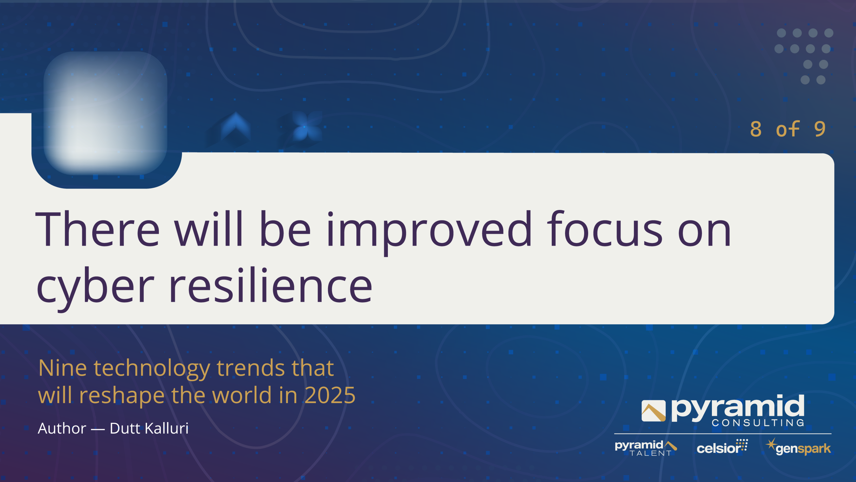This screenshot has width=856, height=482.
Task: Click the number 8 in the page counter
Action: coord(756,129)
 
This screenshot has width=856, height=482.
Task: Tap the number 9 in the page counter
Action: coord(820,129)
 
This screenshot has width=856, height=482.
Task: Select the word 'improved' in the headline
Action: coord(429,231)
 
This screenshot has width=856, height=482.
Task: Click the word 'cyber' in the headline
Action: coord(96,287)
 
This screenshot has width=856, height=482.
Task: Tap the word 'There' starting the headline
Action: coord(98,229)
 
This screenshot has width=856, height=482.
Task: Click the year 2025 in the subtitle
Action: coord(330,395)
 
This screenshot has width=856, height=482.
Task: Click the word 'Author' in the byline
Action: coord(62,429)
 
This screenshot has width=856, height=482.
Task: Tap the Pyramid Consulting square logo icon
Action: coord(653,411)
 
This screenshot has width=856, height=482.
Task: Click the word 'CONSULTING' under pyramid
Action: coord(758,423)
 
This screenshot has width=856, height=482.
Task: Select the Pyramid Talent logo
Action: coord(646,448)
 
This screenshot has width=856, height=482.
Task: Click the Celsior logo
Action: coord(722,447)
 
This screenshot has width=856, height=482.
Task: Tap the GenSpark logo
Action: coord(798,447)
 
